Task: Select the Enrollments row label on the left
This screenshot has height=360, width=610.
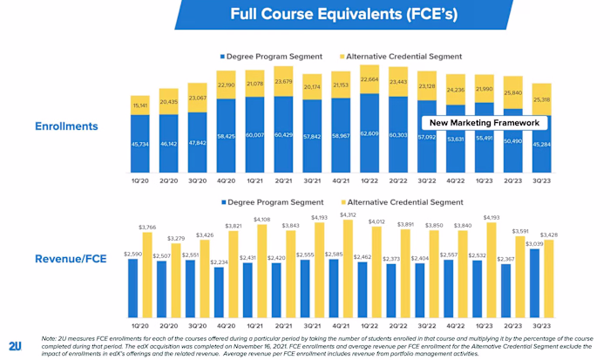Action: tap(65, 126)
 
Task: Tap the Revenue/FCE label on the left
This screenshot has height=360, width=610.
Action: tap(66, 260)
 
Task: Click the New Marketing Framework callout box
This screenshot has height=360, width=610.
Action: tap(485, 123)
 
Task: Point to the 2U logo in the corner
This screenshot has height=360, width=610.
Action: tap(15, 345)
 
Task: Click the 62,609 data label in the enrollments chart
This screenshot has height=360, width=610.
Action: tap(369, 134)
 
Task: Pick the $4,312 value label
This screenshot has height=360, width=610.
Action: tap(348, 215)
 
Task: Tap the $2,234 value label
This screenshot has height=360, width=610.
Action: tap(218, 262)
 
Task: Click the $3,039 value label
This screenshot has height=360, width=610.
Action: tap(535, 244)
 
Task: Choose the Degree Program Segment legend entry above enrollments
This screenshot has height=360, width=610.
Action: tap(271, 57)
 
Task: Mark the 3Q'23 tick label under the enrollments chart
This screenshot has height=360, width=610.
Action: tap(541, 181)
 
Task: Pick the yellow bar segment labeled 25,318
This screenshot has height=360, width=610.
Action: tap(541, 99)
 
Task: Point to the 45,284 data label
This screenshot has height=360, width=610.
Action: tap(541, 144)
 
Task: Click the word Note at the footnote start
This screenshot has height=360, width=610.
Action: tap(50, 337)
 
